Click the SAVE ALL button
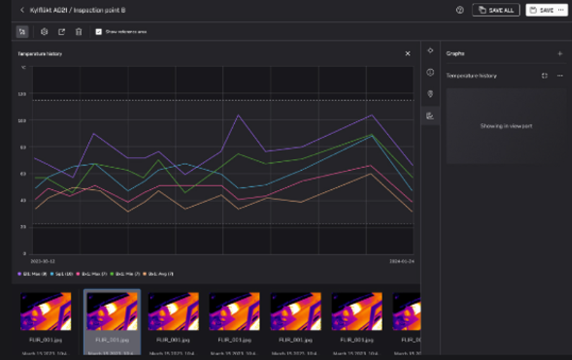click(x=497, y=10)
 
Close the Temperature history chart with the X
click(x=408, y=54)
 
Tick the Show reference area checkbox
click(x=99, y=32)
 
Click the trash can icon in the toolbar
click(x=79, y=32)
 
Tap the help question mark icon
click(x=460, y=10)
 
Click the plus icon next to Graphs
click(x=560, y=54)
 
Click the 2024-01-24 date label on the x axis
click(x=401, y=261)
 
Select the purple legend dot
click(x=19, y=273)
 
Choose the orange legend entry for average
click(x=158, y=273)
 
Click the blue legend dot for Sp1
click(x=51, y=273)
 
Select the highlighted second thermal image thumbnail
click(x=111, y=311)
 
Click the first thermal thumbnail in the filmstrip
click(x=46, y=311)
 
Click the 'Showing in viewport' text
click(x=506, y=126)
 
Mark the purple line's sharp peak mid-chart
click(x=238, y=115)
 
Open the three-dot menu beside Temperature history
click(x=560, y=76)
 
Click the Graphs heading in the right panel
click(x=456, y=54)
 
